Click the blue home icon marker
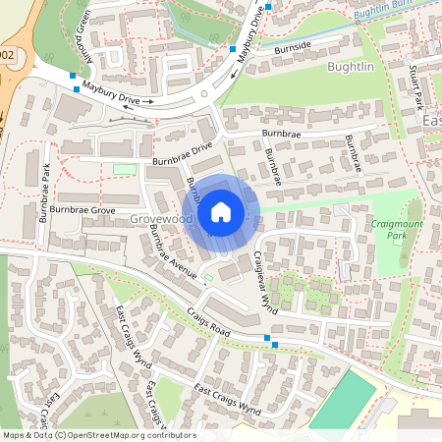[221, 211]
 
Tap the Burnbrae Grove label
[79, 211]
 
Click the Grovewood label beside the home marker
[159, 221]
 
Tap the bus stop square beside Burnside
[233, 48]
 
